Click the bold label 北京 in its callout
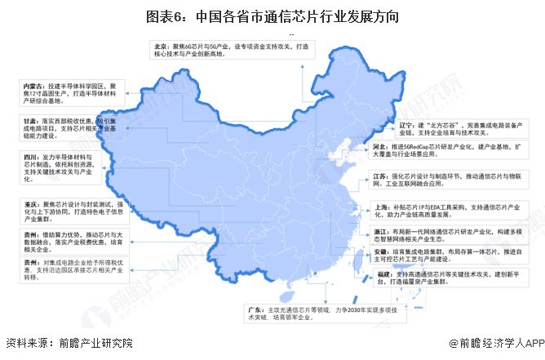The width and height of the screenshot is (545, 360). click(160, 47)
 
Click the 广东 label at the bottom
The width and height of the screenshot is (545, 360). click(254, 311)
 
